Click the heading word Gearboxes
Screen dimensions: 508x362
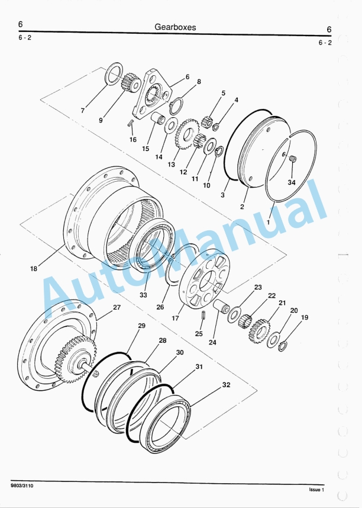click(x=175, y=27)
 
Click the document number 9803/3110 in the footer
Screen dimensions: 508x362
click(x=22, y=485)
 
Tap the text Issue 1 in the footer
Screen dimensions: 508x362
click(x=316, y=490)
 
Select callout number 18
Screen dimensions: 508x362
click(x=33, y=268)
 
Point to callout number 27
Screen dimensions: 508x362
click(x=117, y=307)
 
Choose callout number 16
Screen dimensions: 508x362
click(x=133, y=140)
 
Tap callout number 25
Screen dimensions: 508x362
click(x=199, y=333)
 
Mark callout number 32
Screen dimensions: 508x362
click(x=226, y=385)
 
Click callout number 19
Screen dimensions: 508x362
click(x=305, y=317)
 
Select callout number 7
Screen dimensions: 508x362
click(x=83, y=110)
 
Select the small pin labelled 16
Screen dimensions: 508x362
click(x=131, y=123)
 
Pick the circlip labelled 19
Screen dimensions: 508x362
click(x=283, y=346)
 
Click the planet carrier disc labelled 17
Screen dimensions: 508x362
click(x=204, y=278)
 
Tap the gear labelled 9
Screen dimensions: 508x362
click(x=130, y=82)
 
